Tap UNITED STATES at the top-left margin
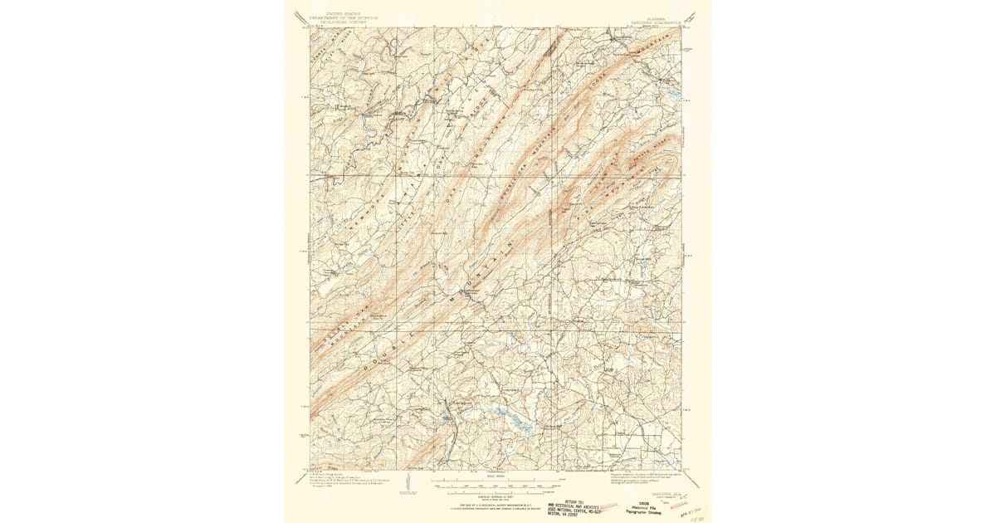click(x=336, y=14)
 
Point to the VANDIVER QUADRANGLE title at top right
click(x=656, y=19)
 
